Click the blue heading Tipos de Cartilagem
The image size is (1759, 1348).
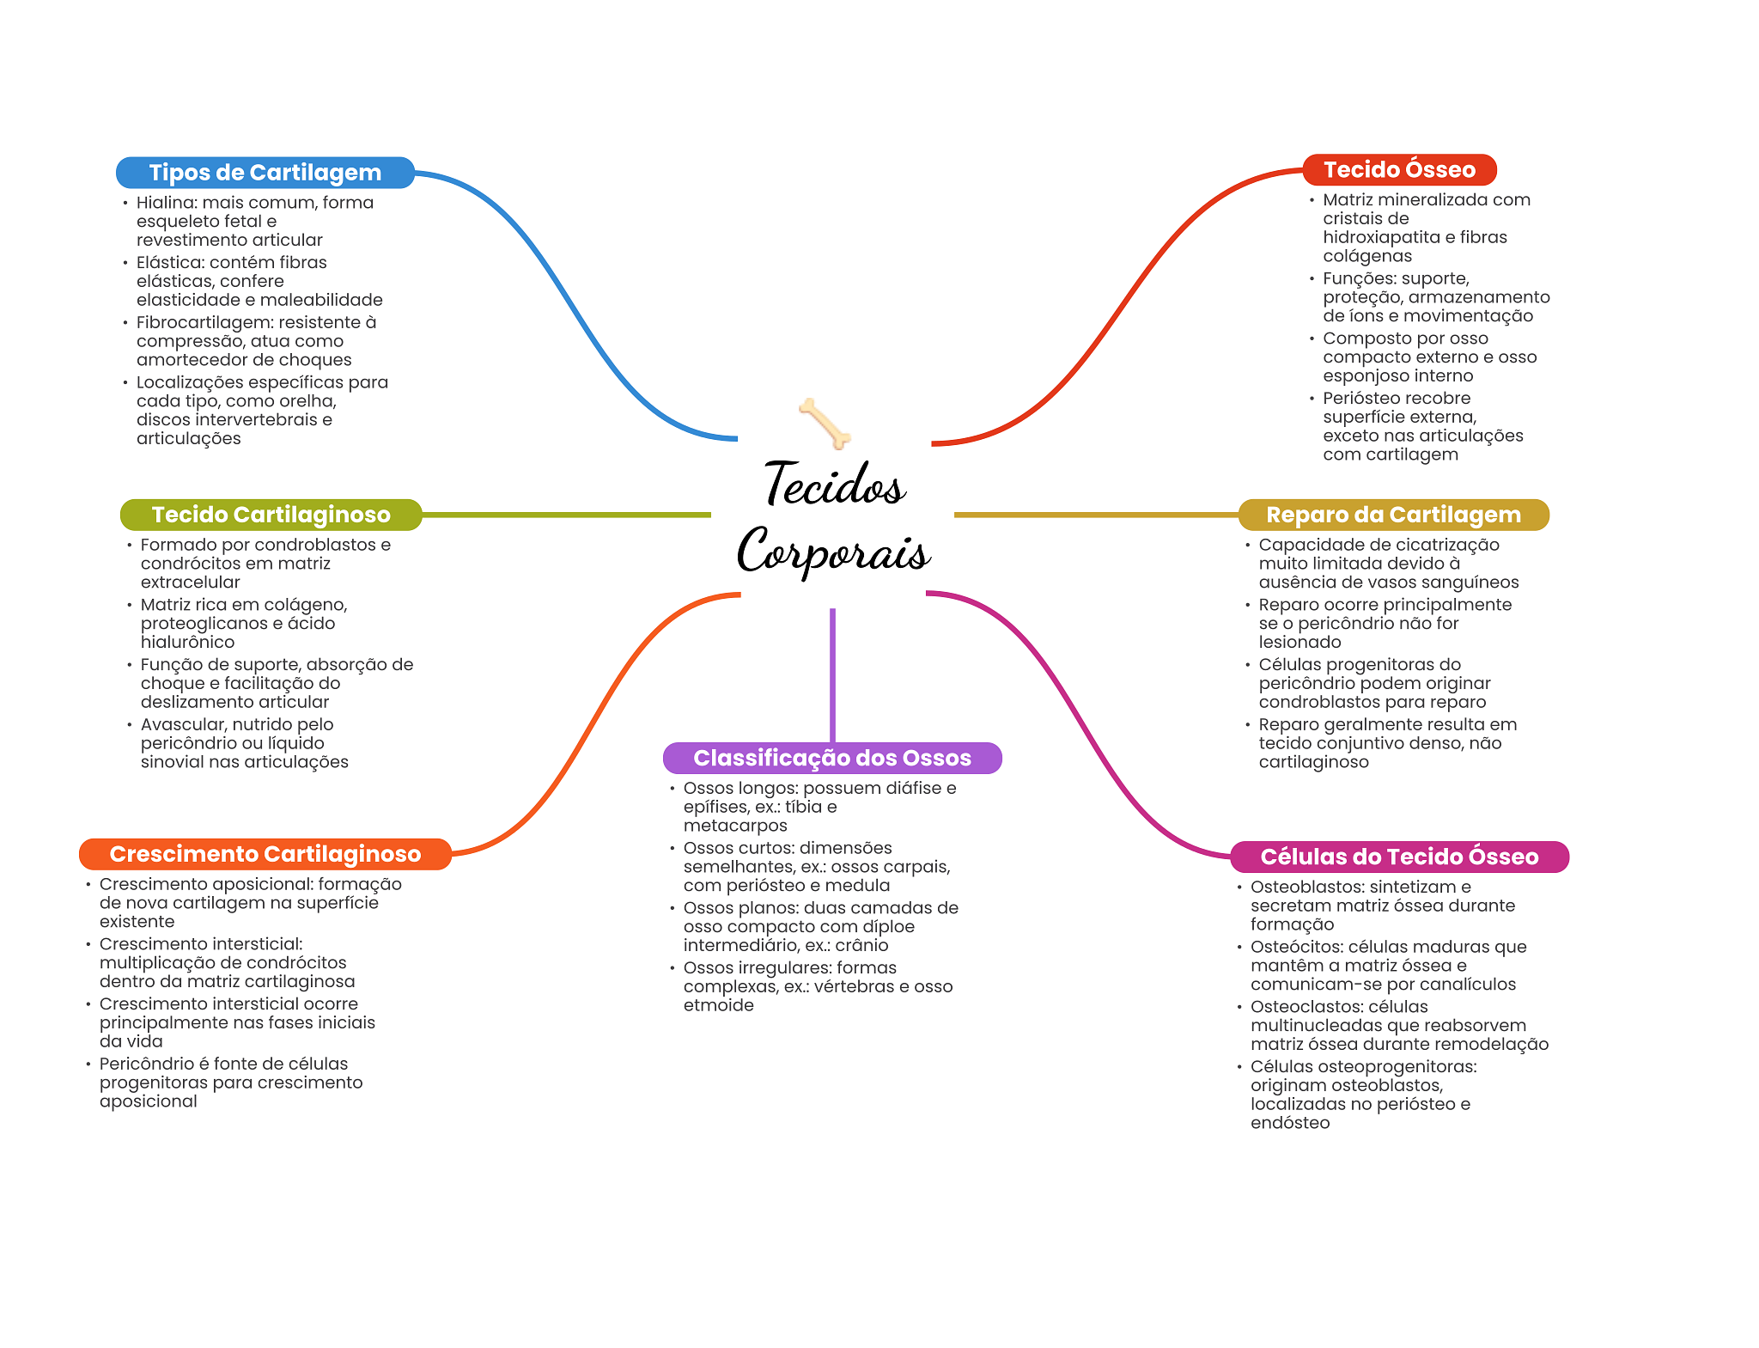click(x=265, y=173)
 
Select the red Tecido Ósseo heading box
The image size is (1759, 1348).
click(x=1399, y=170)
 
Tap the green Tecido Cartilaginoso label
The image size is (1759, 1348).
click(x=271, y=515)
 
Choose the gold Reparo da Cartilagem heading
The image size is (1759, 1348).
click(x=1393, y=515)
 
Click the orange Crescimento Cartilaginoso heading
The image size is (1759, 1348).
click(x=265, y=854)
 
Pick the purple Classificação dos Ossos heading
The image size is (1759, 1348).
click(x=831, y=758)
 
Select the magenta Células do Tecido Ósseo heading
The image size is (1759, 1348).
click(x=1399, y=857)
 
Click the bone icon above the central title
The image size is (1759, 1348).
click(x=825, y=423)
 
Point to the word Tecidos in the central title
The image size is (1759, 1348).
click(x=834, y=485)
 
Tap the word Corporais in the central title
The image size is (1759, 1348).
click(x=833, y=552)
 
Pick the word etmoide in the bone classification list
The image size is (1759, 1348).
click(x=718, y=1005)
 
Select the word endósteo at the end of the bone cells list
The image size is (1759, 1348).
click(x=1289, y=1123)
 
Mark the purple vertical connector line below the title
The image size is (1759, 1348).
click(x=832, y=674)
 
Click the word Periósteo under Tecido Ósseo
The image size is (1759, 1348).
click(x=1360, y=399)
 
